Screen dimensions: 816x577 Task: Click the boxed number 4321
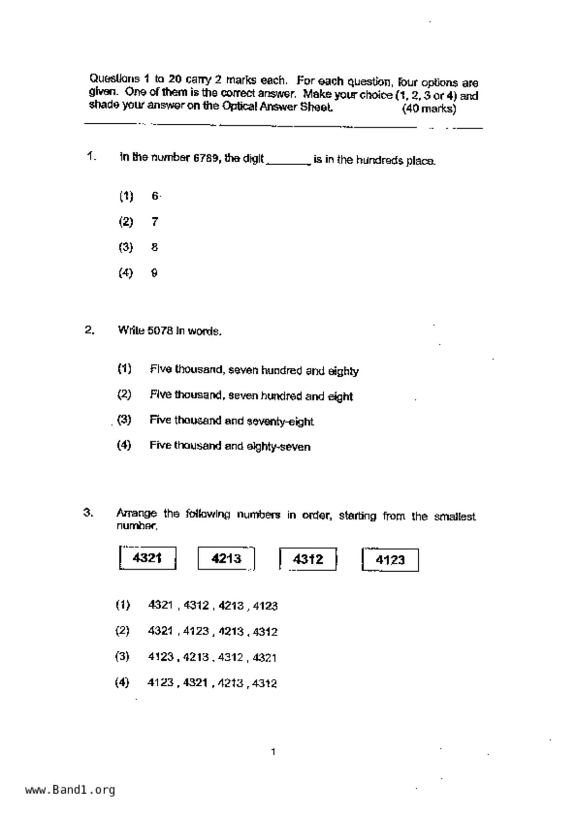pos(147,558)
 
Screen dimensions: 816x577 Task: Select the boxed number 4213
pos(226,558)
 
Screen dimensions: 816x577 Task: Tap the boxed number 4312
pos(308,559)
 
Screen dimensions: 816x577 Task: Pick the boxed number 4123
pos(390,560)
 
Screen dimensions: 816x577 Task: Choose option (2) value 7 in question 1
pos(155,221)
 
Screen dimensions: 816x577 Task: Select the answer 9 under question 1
pos(154,273)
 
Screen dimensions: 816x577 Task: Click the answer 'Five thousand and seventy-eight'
pos(231,421)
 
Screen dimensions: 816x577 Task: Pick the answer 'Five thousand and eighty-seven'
pos(230,446)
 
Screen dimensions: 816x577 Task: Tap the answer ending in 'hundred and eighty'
pos(254,371)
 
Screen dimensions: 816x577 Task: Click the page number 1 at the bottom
pos(273,751)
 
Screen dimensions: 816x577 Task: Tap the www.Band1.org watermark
pos(70,789)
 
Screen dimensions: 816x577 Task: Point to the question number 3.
pos(88,513)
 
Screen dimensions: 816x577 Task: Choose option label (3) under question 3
pos(122,656)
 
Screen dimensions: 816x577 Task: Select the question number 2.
pos(89,330)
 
